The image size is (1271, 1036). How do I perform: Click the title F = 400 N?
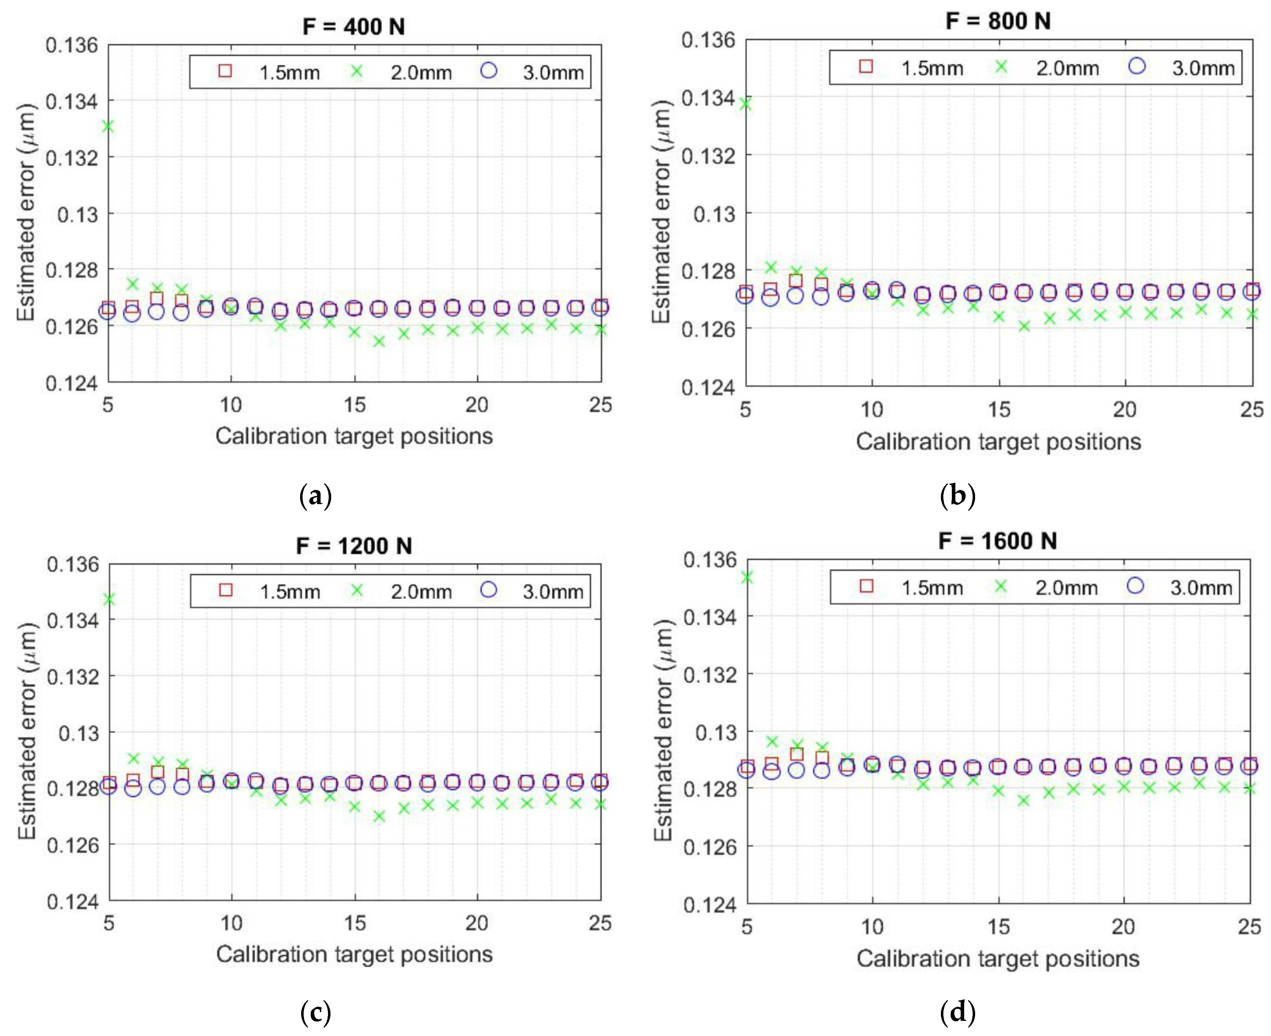pos(353,27)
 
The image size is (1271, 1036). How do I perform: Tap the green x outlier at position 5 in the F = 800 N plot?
pos(745,104)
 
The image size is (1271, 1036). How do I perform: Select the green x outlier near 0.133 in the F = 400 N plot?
pos(108,127)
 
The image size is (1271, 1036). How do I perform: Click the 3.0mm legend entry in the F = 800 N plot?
pos(1182,67)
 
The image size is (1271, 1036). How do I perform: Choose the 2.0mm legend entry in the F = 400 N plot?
pos(406,72)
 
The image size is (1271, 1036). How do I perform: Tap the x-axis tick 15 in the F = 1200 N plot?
pos(355,923)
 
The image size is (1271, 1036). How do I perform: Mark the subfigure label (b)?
pos(957,495)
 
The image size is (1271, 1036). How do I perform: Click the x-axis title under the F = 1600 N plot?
pos(998,959)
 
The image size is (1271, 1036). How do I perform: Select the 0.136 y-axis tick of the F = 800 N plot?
pos(708,41)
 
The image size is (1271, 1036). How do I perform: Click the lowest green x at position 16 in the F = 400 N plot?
pos(379,341)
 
